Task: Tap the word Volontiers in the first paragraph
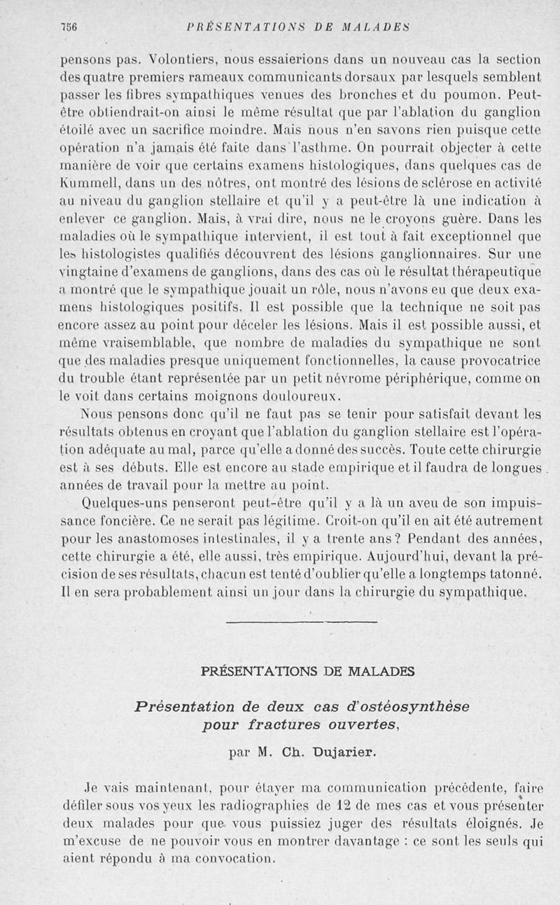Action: tap(134, 60)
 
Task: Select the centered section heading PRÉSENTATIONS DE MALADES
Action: tap(307, 671)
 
